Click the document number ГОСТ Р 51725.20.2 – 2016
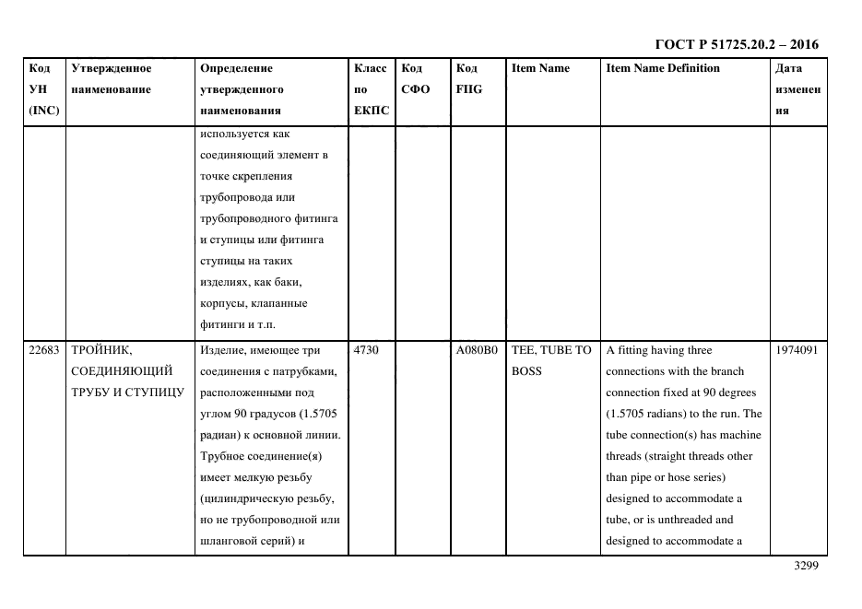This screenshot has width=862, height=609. click(x=736, y=44)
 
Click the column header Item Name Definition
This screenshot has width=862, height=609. click(x=662, y=68)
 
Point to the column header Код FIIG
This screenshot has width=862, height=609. click(x=468, y=79)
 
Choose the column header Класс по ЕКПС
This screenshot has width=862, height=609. click(x=372, y=89)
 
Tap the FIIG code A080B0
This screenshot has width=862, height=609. click(x=476, y=350)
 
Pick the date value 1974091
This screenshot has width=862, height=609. click(x=797, y=350)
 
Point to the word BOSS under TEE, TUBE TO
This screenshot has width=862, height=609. click(x=526, y=371)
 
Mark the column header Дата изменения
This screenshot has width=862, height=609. click(x=797, y=89)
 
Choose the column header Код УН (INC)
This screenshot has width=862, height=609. click(x=42, y=89)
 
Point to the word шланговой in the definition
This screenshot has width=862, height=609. click(x=229, y=541)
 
